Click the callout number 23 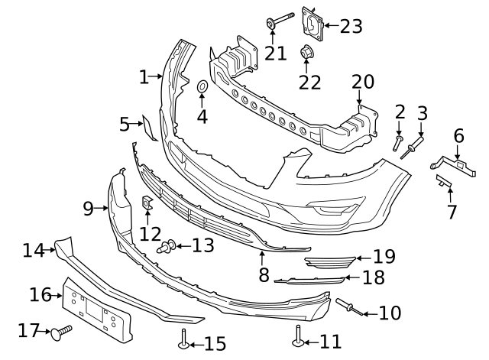(351, 27)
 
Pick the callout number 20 (363, 82)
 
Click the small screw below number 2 (398, 143)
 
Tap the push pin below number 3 (416, 144)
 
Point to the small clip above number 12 (147, 204)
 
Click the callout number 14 (33, 249)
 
